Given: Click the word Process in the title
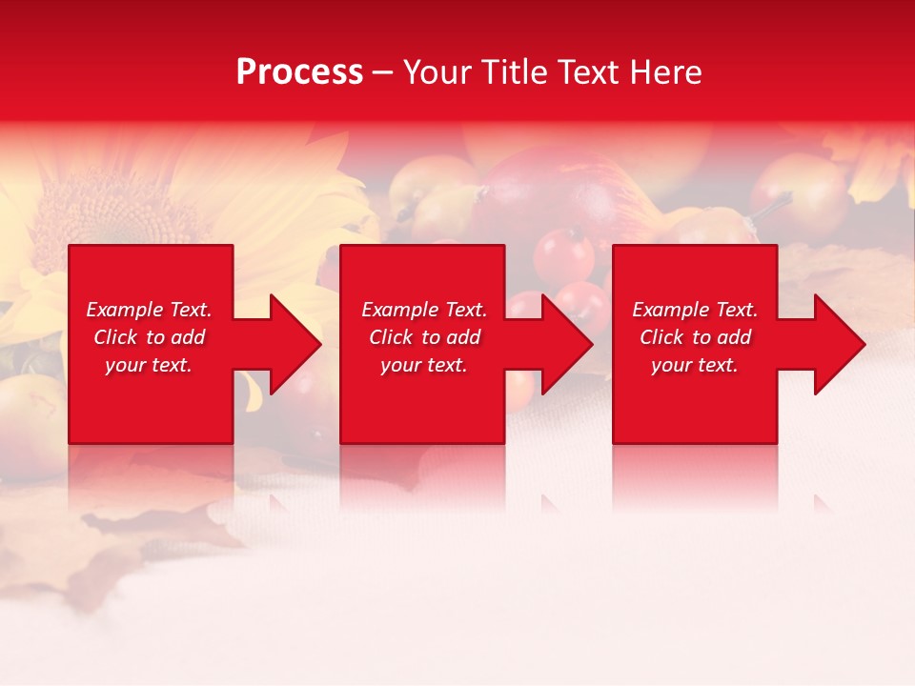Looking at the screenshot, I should coord(299,72).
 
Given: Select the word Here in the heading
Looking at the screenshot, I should coord(666,72).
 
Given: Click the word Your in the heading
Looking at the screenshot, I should coord(437,72).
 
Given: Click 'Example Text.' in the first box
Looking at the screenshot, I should coord(149,310).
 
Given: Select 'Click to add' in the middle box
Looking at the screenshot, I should coord(424,337).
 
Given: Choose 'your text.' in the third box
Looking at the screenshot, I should coord(694,365).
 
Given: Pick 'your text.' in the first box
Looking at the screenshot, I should coord(149,365).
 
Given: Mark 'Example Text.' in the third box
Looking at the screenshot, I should coord(694,310).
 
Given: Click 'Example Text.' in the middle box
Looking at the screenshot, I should coord(424,310).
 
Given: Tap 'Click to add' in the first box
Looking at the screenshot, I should coord(149,337).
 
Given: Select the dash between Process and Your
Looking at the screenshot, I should coord(383,72).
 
